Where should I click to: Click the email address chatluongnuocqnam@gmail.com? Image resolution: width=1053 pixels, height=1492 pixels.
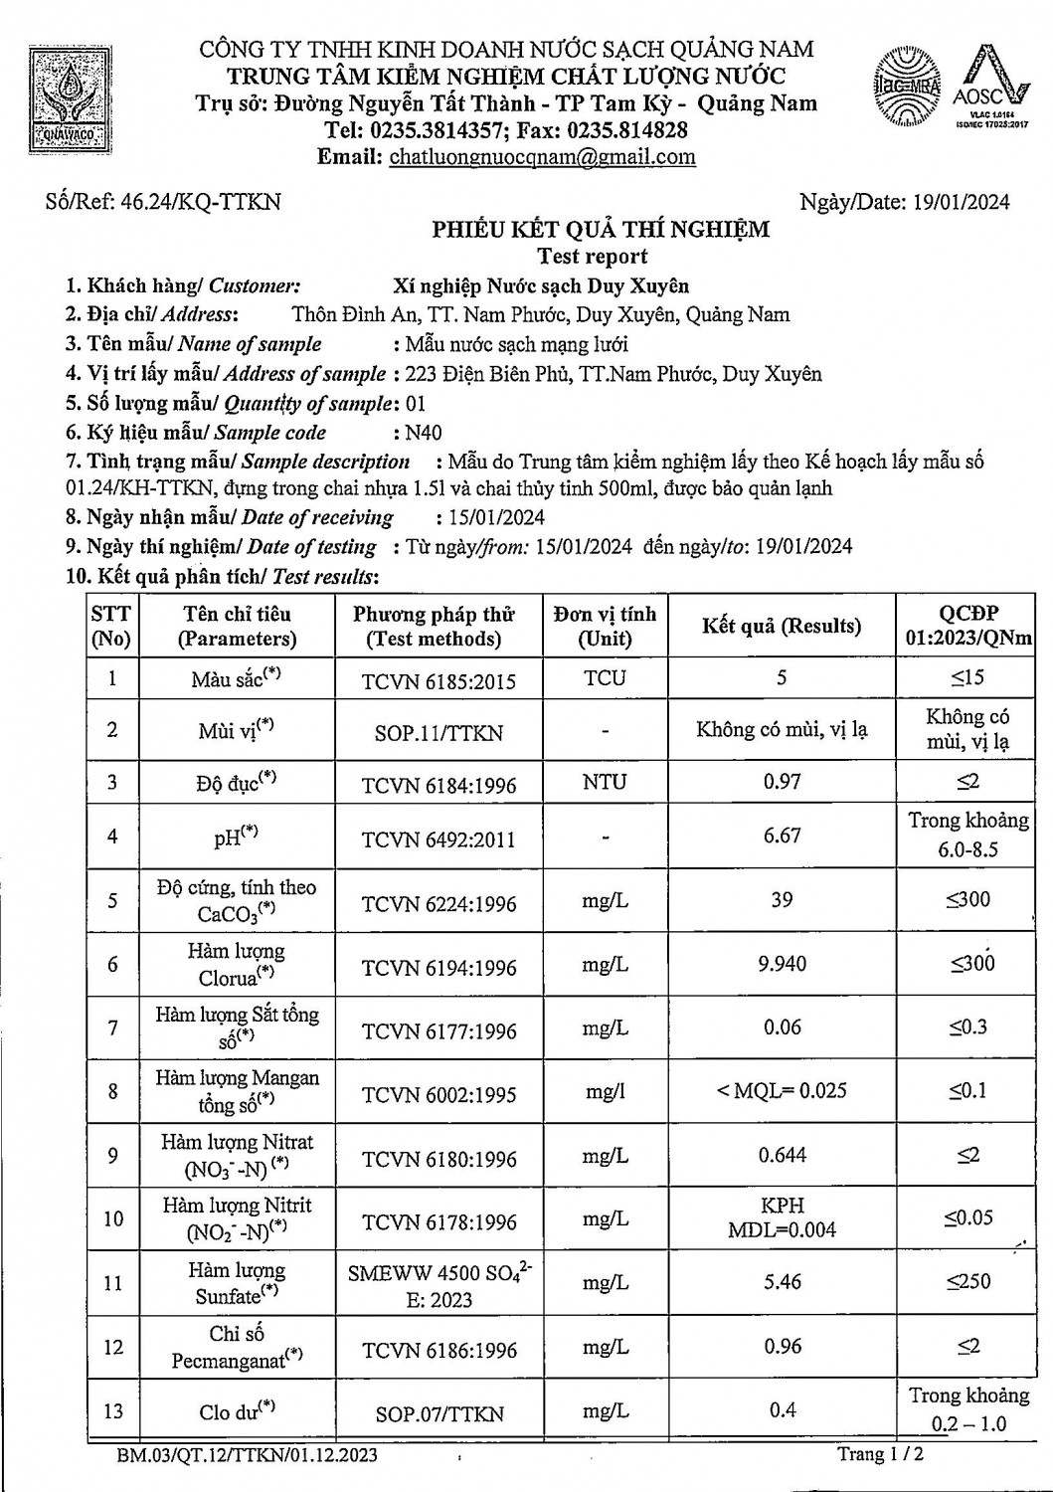pos(543,157)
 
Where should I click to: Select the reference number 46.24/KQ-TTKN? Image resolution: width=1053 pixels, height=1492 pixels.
pos(199,202)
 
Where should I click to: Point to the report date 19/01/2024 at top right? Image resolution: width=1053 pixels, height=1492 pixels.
pos(961,202)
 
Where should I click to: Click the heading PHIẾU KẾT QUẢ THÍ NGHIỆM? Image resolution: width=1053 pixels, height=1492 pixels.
pos(600,230)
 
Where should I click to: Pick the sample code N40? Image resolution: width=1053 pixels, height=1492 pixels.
pos(424,433)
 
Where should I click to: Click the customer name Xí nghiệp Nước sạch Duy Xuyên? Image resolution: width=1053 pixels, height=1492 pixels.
pos(541,285)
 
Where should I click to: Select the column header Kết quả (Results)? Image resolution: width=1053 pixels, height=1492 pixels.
pos(782,626)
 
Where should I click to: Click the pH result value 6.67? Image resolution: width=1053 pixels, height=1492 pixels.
pos(782,836)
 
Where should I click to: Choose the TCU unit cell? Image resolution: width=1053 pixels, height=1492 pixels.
pos(605,678)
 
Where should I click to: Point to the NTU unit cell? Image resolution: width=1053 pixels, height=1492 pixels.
pos(605,782)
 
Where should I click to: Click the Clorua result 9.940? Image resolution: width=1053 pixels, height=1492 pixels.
pos(782,964)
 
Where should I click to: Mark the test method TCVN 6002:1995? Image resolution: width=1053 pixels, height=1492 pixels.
pos(439,1094)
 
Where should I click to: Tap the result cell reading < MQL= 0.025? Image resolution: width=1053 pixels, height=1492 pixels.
pos(782,1090)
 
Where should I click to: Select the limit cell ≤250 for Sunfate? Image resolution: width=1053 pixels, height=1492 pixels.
pos(967,1282)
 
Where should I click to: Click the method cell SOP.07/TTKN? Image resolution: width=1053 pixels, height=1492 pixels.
pos(439,1413)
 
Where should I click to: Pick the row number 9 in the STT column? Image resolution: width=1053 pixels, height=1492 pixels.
pos(112,1156)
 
